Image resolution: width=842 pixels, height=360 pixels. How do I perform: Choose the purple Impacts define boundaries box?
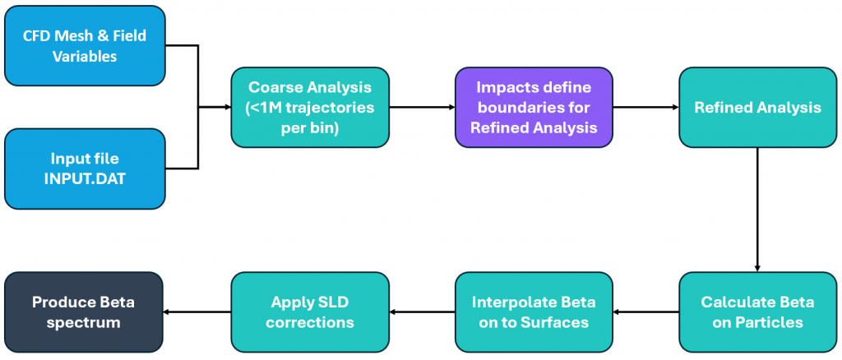pos(533,108)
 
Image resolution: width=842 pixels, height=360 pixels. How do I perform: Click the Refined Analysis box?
pos(756,108)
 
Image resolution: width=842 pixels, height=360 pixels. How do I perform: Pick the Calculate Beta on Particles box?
pos(756,312)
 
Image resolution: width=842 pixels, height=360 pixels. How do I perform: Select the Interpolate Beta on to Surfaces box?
pos(533,312)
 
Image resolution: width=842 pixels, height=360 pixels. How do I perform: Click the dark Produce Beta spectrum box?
pos(85,312)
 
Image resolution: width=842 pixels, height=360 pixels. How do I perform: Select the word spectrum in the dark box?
pos(85,323)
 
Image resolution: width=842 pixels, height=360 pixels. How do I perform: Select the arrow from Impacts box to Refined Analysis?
pos(645,108)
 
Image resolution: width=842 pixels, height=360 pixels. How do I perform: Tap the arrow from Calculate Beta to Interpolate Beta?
pos(645,312)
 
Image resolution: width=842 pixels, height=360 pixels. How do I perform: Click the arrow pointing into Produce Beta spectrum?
pos(197,312)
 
